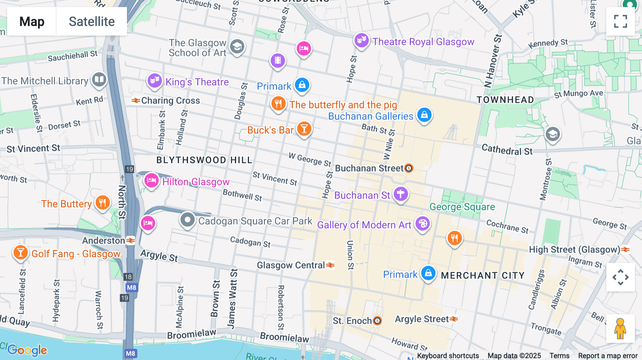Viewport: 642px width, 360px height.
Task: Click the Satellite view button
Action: point(92,21)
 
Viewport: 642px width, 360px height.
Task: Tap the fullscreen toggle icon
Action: point(620,21)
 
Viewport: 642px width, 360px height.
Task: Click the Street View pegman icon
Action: point(620,329)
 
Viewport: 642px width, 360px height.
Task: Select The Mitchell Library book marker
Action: point(99,80)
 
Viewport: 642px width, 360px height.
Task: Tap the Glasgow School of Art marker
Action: point(237,47)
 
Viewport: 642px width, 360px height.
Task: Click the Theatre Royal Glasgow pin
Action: point(362,41)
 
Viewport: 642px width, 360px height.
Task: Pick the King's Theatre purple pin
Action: point(154,81)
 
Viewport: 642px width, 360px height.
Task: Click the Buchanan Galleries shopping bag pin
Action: point(424,115)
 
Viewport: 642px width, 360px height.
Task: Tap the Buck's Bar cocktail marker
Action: point(304,129)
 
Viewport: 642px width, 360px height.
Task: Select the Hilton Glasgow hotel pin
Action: point(151,181)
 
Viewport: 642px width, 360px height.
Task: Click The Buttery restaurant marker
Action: point(102,203)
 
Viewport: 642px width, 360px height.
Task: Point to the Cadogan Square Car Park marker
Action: point(188,220)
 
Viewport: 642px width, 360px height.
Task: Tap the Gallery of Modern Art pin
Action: point(423,224)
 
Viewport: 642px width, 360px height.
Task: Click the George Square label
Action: point(462,207)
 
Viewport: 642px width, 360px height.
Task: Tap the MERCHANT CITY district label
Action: point(483,276)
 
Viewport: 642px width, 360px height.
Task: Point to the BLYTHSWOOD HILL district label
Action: point(204,160)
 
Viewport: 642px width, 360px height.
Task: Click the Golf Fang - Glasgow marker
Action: point(20,253)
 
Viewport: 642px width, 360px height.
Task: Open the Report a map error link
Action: point(607,356)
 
